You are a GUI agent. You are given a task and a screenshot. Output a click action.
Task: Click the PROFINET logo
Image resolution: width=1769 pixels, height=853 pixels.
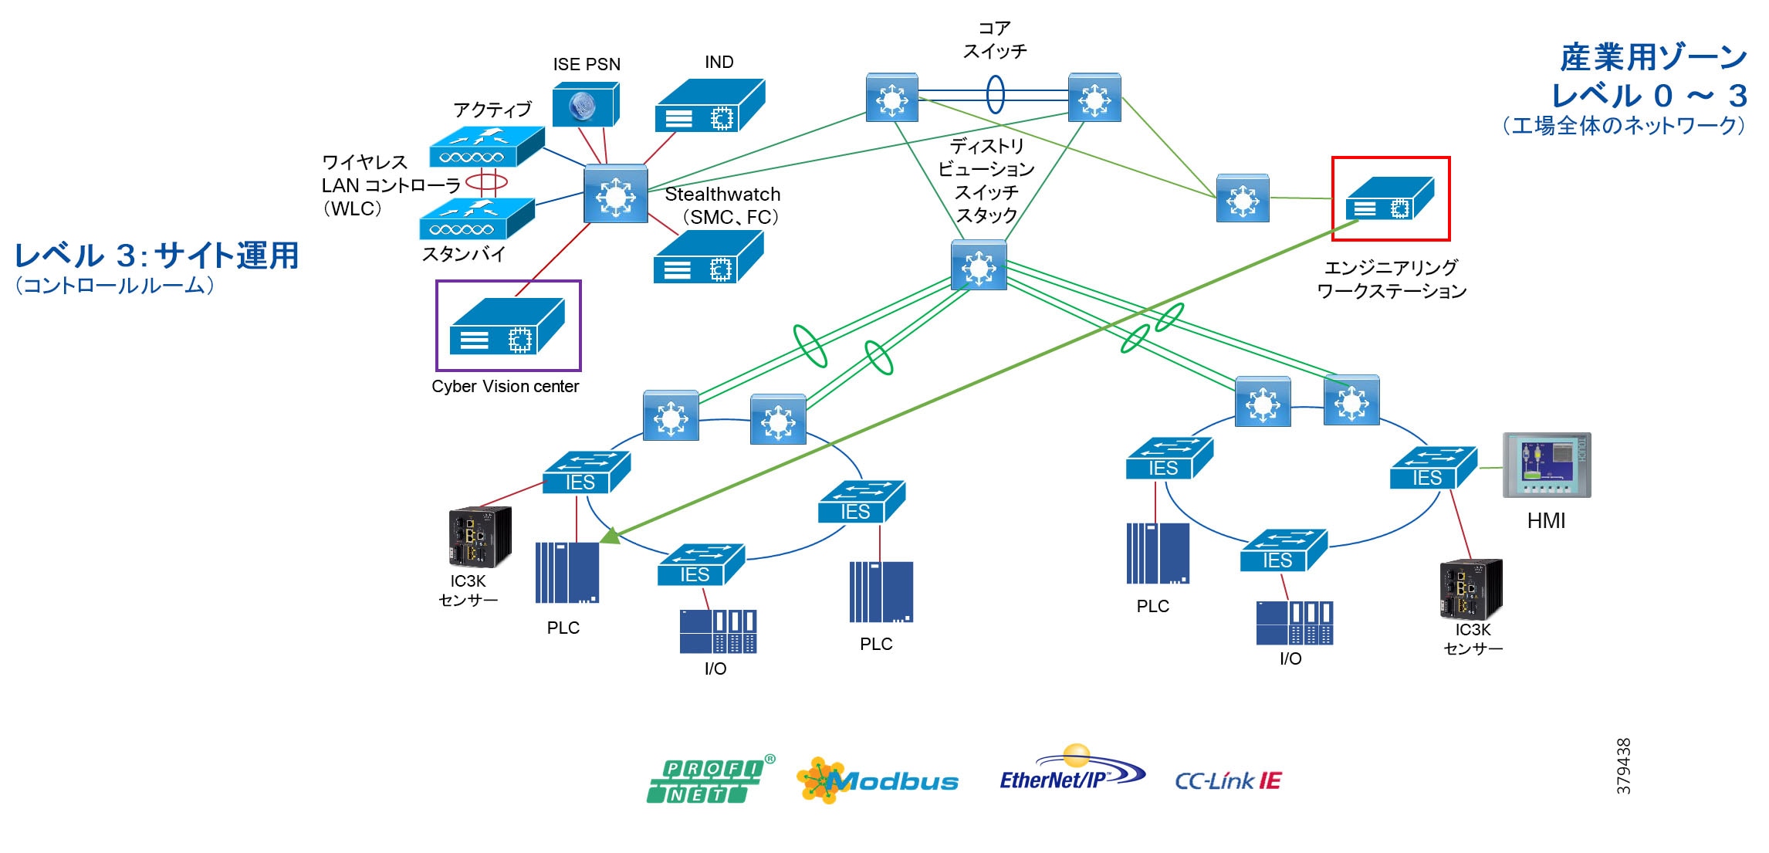point(709,780)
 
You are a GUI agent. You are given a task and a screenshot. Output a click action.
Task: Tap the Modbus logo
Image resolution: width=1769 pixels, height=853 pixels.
point(878,780)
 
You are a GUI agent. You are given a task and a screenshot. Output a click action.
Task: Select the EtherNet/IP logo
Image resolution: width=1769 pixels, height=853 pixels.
point(1071,774)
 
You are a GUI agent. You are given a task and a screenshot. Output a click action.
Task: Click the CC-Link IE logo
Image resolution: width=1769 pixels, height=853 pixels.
point(1227,781)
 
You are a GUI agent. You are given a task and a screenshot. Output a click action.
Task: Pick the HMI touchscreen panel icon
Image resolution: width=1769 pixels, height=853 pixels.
point(1546,465)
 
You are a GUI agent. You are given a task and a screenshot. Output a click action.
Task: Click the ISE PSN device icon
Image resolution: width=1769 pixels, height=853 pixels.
point(585,105)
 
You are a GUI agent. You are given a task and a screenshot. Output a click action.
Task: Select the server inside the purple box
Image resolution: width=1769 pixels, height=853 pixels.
point(507,326)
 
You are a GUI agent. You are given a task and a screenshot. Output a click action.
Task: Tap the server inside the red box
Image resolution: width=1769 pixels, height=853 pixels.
point(1389,199)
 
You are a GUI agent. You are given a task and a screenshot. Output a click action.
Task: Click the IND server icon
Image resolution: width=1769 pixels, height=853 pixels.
point(709,106)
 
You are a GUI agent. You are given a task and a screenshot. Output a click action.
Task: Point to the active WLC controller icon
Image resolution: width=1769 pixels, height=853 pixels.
point(486,147)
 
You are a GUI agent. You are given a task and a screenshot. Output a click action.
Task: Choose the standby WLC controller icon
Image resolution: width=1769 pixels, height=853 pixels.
point(476,218)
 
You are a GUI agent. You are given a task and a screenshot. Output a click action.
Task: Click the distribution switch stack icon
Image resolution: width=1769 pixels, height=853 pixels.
point(979,266)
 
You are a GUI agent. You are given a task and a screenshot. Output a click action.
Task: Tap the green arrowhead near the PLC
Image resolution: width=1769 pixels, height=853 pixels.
point(611,535)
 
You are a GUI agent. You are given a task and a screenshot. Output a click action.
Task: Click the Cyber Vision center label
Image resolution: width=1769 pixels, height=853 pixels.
point(505,386)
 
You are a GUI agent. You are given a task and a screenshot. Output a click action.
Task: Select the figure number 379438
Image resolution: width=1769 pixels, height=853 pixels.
point(1624,766)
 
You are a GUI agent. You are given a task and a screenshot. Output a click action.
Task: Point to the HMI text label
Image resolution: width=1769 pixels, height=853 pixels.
point(1546,521)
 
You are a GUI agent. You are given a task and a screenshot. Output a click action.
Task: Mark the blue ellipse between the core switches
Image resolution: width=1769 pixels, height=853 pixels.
point(996,94)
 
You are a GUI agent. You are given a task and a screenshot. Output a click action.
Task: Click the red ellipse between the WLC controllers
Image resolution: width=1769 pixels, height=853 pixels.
point(486,183)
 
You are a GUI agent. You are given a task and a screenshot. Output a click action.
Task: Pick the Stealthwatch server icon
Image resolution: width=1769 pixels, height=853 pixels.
point(708,258)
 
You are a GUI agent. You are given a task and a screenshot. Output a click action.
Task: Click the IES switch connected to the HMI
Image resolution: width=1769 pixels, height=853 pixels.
point(1432,468)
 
